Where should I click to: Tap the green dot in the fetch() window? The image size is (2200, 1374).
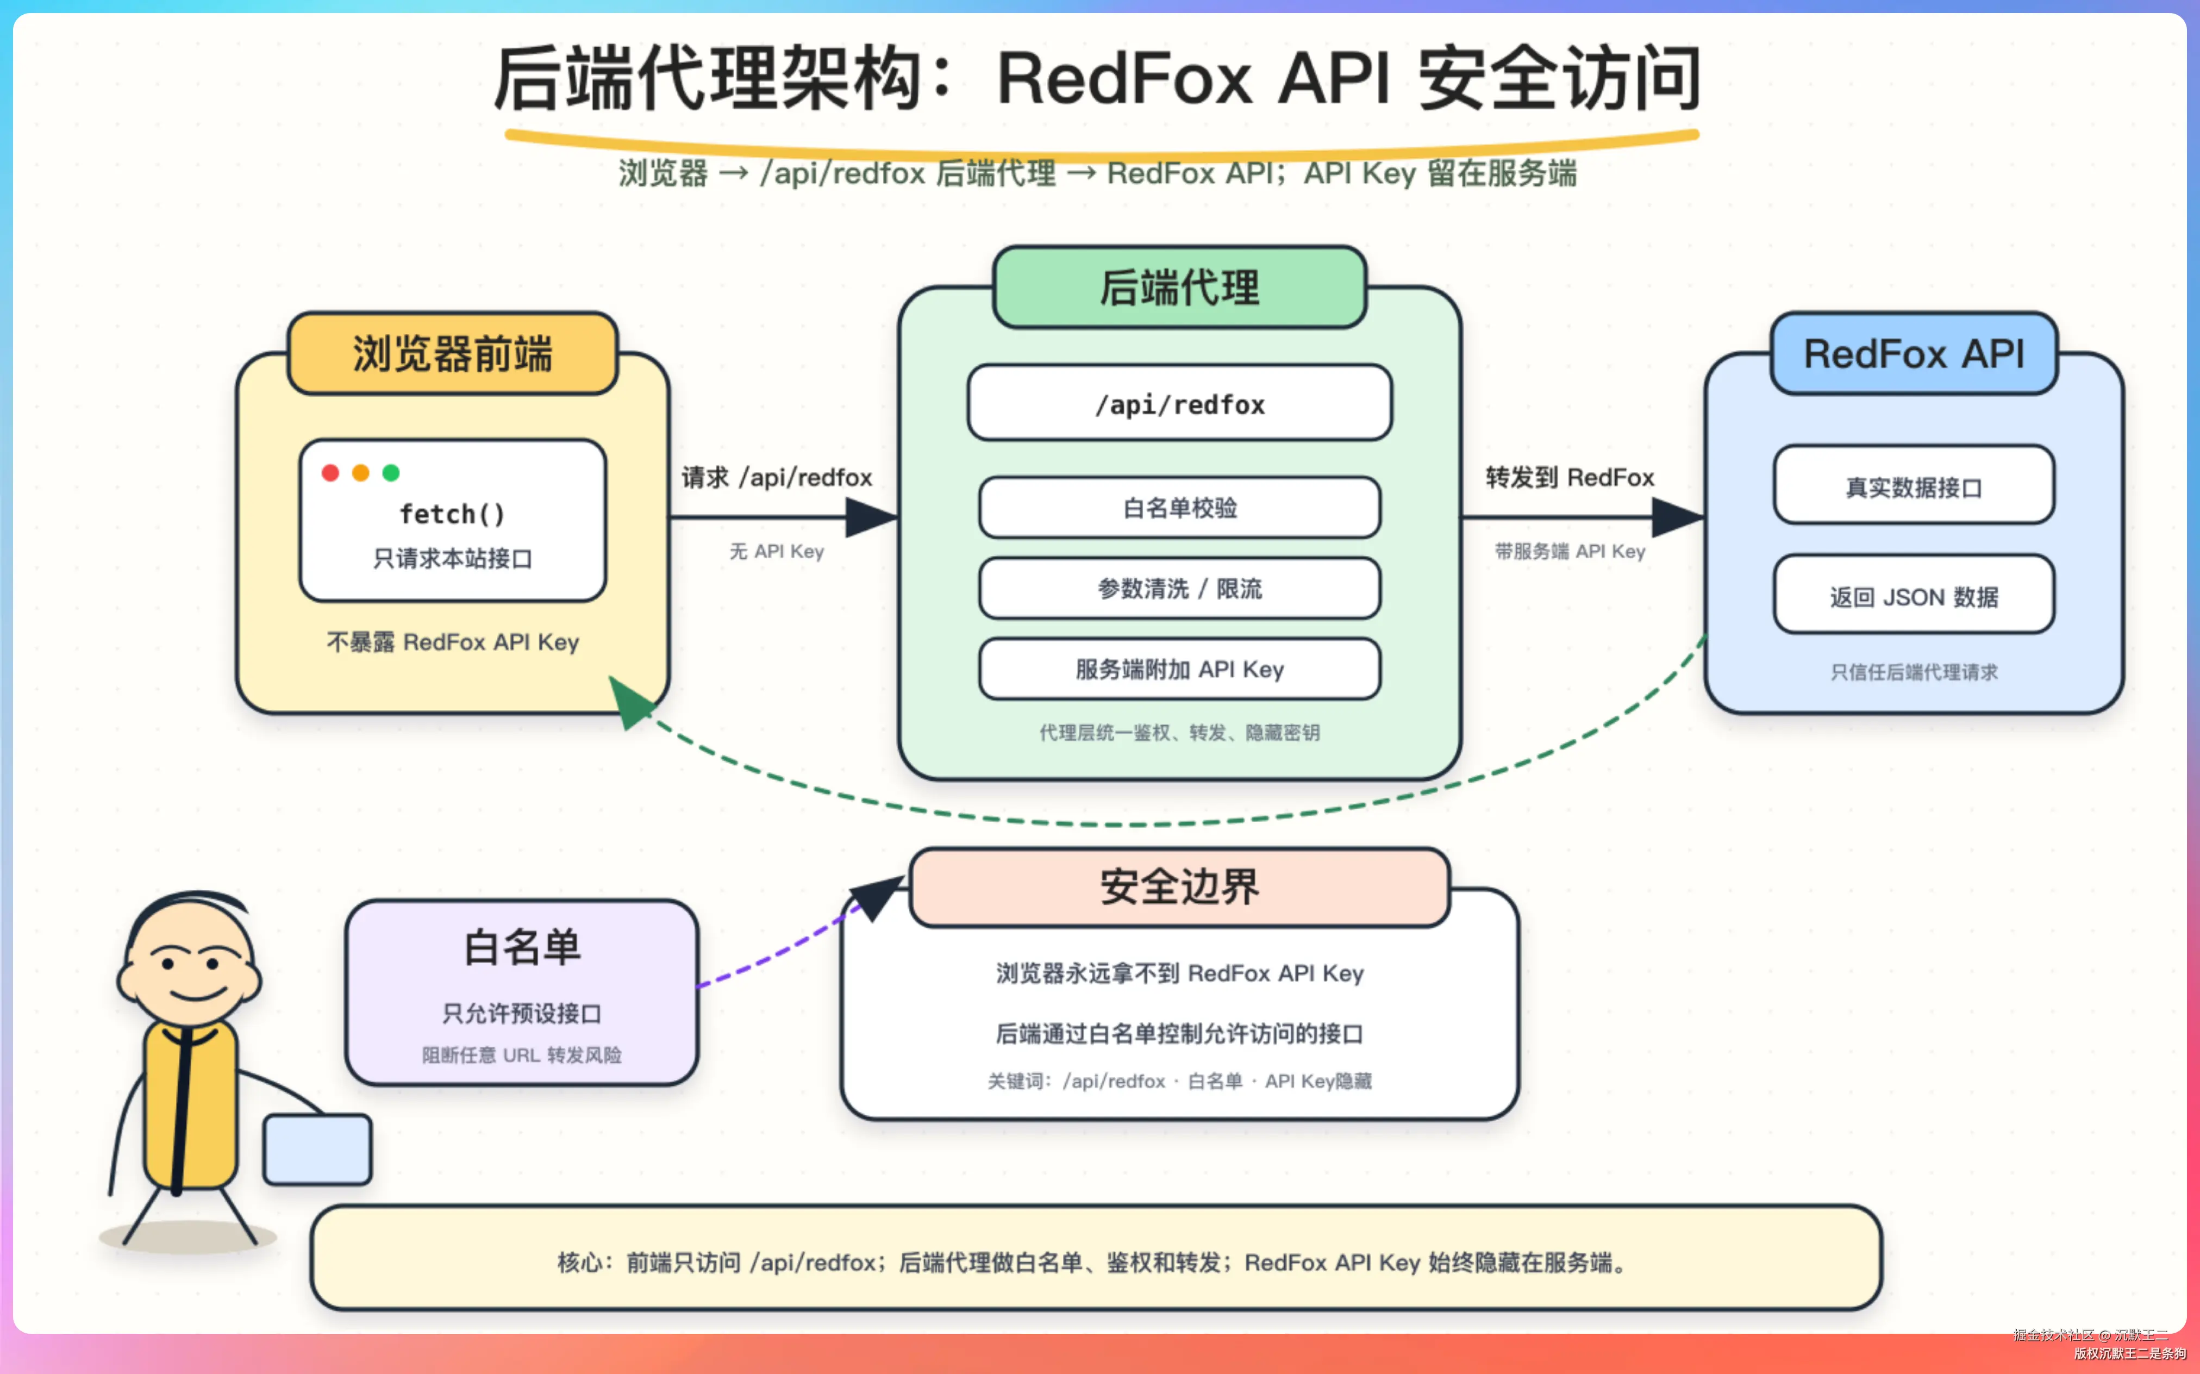click(x=391, y=472)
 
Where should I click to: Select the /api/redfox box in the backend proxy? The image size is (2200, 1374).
click(x=1179, y=403)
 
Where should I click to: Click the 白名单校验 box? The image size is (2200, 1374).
click(x=1179, y=508)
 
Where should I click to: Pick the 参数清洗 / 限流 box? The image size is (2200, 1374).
click(x=1179, y=589)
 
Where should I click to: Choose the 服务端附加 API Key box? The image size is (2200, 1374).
click(x=1179, y=670)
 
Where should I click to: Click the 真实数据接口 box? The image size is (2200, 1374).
click(x=1914, y=485)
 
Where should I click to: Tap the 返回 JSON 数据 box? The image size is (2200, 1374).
click(x=1914, y=595)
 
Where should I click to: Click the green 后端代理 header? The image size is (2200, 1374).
click(x=1179, y=287)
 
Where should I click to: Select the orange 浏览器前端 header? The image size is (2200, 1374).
click(x=453, y=353)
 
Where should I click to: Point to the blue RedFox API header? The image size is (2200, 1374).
click(x=1914, y=353)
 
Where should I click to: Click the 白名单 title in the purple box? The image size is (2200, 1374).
click(x=522, y=948)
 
